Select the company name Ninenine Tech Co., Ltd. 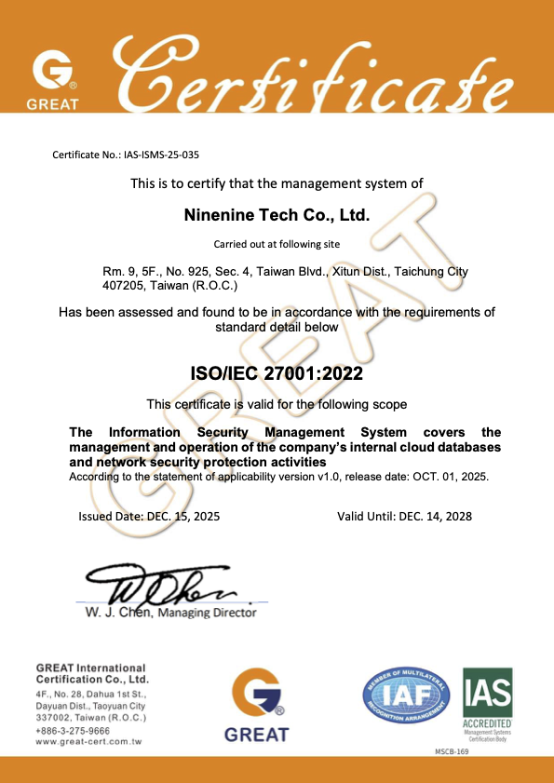277,215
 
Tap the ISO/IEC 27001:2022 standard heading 277,374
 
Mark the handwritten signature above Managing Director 168,587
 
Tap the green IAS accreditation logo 486,690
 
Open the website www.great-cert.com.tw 88,742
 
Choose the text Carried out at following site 277,244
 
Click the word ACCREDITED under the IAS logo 486,723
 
